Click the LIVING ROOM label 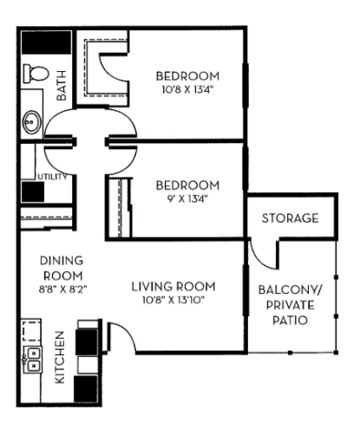pos(173,287)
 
